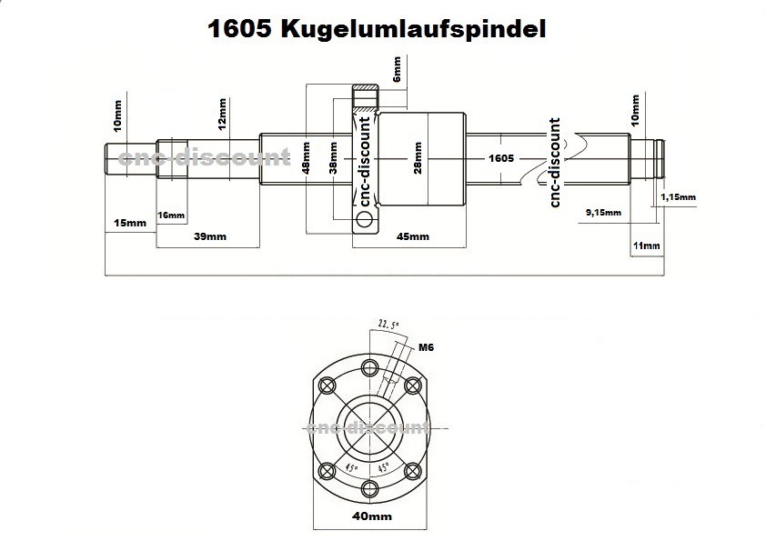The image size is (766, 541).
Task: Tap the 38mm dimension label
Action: tap(333, 157)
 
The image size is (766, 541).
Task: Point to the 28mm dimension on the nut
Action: tap(418, 157)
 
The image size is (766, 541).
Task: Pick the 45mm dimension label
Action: tap(413, 236)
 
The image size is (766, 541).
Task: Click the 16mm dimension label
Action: tap(171, 215)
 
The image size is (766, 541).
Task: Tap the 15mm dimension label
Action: tap(128, 223)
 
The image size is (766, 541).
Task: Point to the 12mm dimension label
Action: tap(223, 112)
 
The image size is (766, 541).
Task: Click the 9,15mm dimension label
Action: tap(601, 212)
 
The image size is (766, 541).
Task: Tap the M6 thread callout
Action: tap(426, 346)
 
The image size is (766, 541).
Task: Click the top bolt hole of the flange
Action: tap(368, 368)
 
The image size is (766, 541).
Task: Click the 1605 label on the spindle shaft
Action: tap(501, 157)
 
